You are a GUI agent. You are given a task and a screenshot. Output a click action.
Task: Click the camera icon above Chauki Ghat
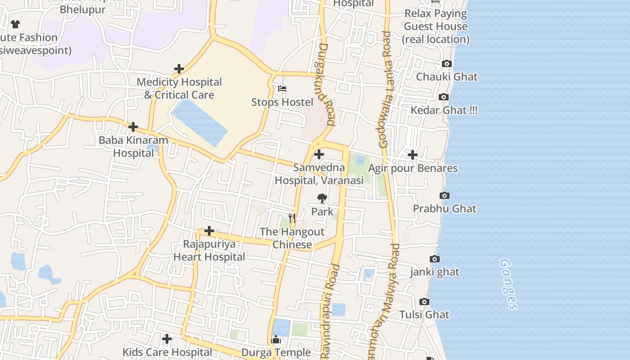tap(447, 64)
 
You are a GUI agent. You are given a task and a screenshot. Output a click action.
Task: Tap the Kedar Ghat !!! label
tap(444, 110)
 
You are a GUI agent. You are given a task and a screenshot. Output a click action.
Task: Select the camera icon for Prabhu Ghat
tap(445, 195)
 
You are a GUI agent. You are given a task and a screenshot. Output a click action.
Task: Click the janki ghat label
tap(435, 272)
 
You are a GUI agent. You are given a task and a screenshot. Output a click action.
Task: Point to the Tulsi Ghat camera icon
tap(424, 301)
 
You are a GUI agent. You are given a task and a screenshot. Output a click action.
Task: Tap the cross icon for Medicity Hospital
tap(179, 69)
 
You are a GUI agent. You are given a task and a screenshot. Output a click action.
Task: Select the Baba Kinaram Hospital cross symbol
tap(133, 127)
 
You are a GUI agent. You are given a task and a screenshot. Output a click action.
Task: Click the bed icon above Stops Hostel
tap(282, 89)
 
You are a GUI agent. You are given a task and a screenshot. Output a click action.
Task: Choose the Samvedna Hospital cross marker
tap(319, 154)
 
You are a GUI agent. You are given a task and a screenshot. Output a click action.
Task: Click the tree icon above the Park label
tap(322, 198)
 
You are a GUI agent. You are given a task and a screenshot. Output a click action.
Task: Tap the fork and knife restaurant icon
tap(292, 218)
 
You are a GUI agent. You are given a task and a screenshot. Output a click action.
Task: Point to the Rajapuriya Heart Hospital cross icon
tap(209, 231)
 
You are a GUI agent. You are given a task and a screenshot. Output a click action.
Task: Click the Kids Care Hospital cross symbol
tap(167, 338)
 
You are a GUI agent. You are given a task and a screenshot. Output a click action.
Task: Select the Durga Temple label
tap(276, 352)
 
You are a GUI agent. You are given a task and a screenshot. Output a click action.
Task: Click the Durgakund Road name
tap(327, 84)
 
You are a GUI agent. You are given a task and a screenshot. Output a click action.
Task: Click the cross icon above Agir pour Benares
tap(412, 155)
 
